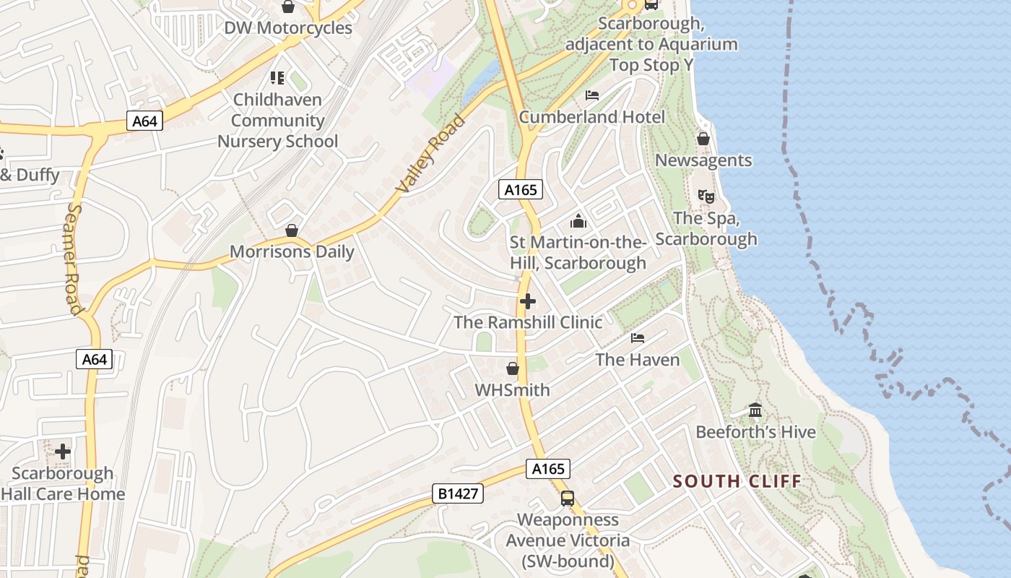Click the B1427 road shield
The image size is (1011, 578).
(457, 493)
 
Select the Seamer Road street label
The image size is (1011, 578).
(74, 259)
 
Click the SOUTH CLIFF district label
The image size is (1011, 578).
(737, 481)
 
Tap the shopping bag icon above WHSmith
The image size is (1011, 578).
(513, 369)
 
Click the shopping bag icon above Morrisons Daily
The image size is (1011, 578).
(292, 230)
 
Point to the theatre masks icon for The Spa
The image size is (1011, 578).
(706, 196)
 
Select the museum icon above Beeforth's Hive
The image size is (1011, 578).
(755, 410)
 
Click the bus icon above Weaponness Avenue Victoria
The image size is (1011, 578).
(568, 499)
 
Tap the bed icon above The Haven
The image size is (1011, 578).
(638, 337)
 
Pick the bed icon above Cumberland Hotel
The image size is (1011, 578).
(592, 95)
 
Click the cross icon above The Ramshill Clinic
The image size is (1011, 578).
(528, 301)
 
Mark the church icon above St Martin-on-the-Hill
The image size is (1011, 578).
(578, 221)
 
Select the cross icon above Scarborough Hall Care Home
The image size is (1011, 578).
(63, 452)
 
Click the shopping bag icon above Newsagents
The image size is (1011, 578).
(703, 139)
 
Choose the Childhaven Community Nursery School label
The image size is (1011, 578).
(278, 120)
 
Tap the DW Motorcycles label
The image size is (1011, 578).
(288, 28)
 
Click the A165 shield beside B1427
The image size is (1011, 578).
(548, 469)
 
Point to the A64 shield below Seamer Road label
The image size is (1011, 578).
(95, 359)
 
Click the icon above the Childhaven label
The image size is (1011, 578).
(277, 77)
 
